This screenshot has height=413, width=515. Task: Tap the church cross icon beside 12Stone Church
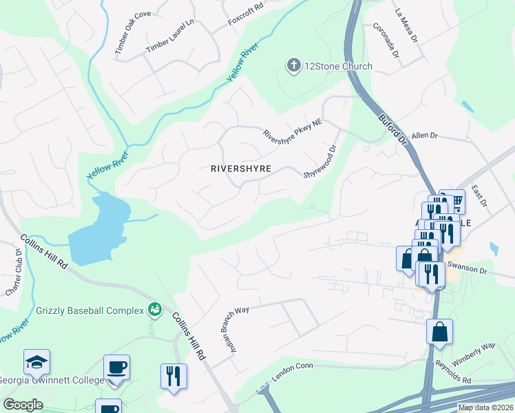coord(293,66)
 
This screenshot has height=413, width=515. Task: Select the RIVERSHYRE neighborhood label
coord(240,168)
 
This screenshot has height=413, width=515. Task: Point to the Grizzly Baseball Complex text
coord(88,310)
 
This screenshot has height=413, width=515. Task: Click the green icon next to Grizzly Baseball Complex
coord(155,310)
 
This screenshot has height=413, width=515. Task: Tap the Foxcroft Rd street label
coord(246,17)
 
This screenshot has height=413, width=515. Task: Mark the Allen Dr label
coord(424,136)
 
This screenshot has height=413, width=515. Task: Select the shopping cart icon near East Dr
coord(452,200)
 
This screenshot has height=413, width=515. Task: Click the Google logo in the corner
coord(23,404)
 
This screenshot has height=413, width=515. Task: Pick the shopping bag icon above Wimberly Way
coord(440,332)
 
